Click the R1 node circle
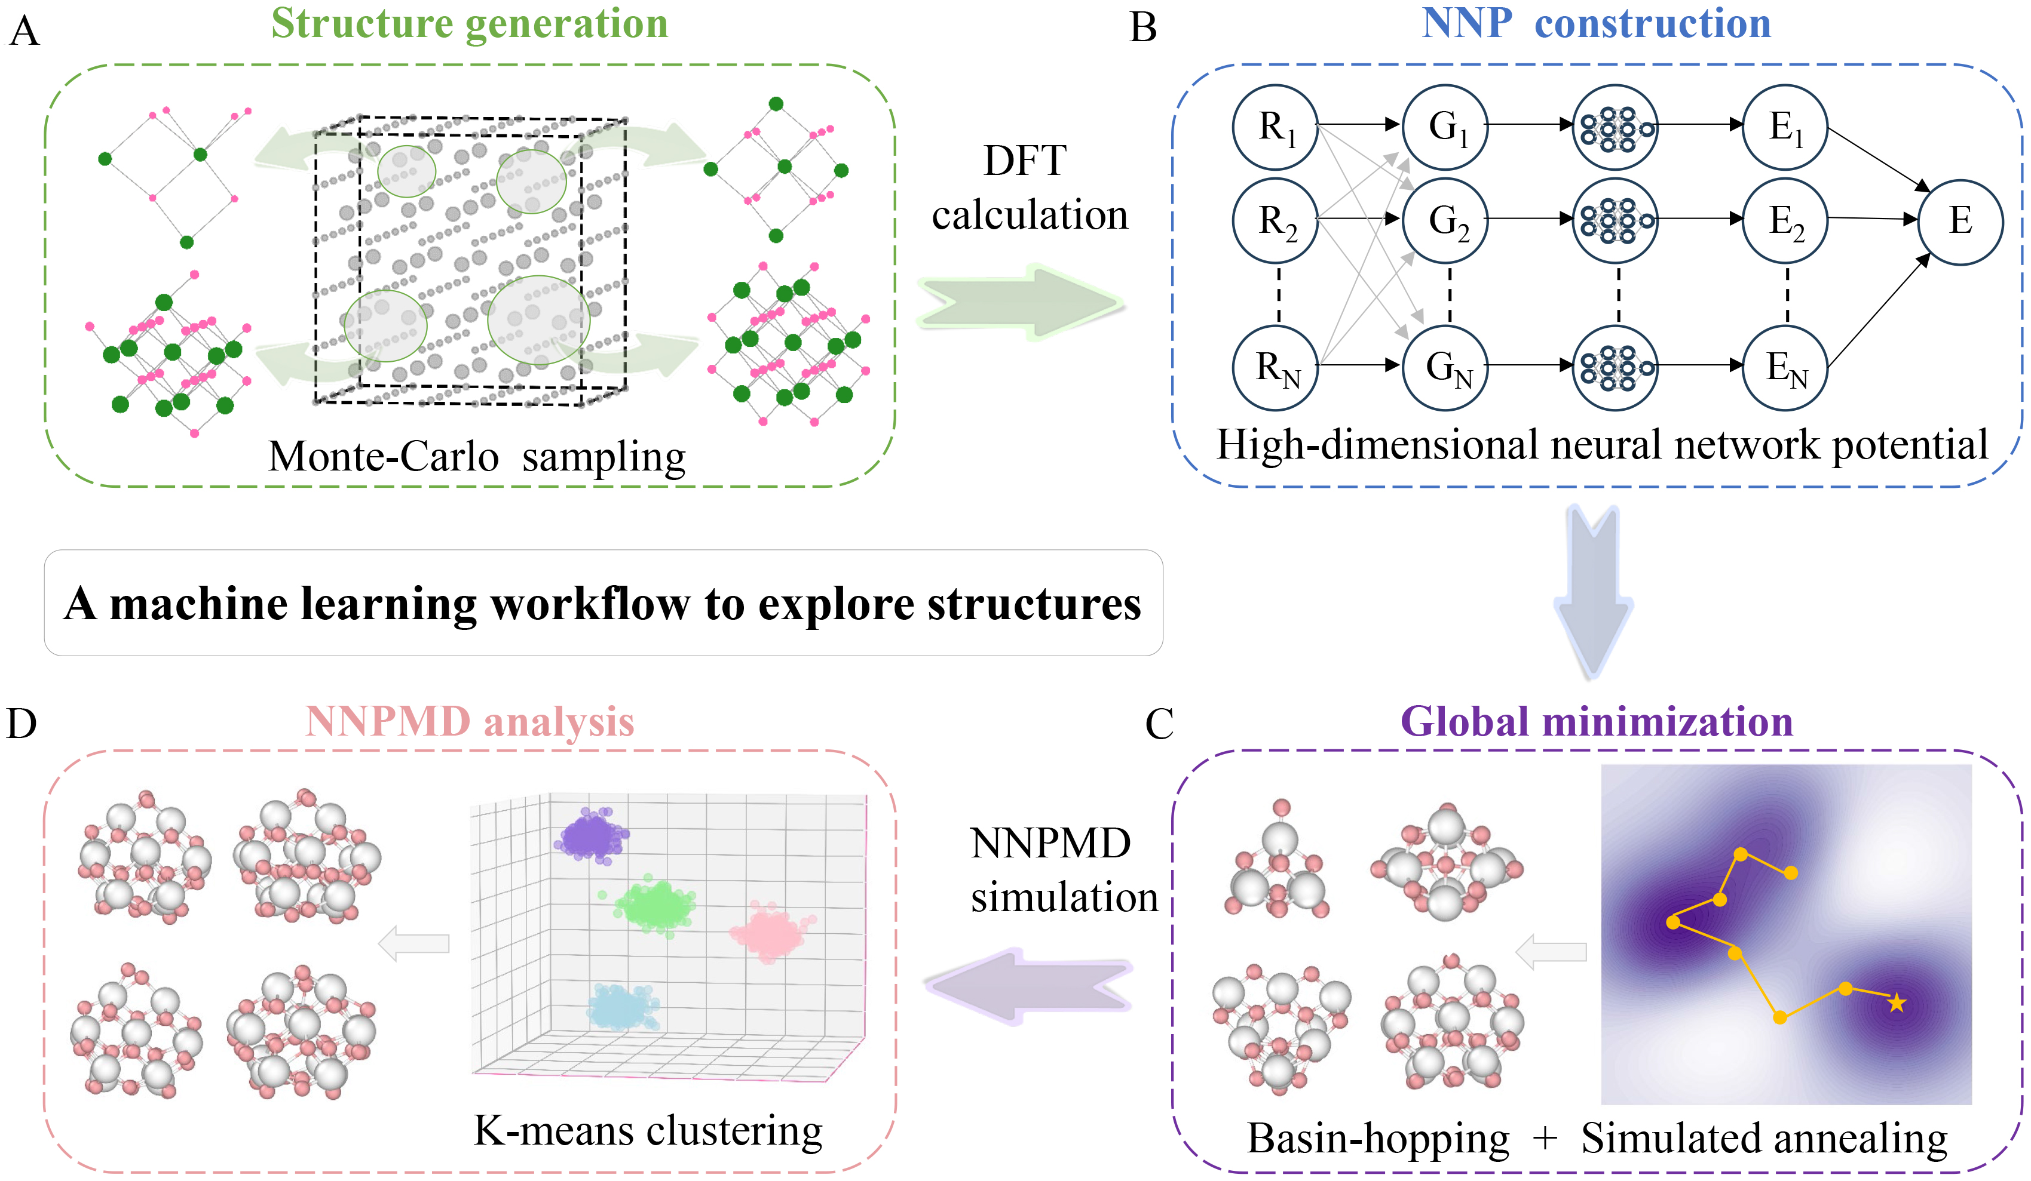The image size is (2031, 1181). (1275, 127)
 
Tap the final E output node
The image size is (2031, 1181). (1960, 221)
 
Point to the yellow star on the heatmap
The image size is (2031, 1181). (1897, 1003)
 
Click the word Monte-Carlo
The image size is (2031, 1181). (384, 457)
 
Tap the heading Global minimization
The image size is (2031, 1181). (1597, 722)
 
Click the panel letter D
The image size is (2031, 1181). (22, 724)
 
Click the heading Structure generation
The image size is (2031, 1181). (469, 23)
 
